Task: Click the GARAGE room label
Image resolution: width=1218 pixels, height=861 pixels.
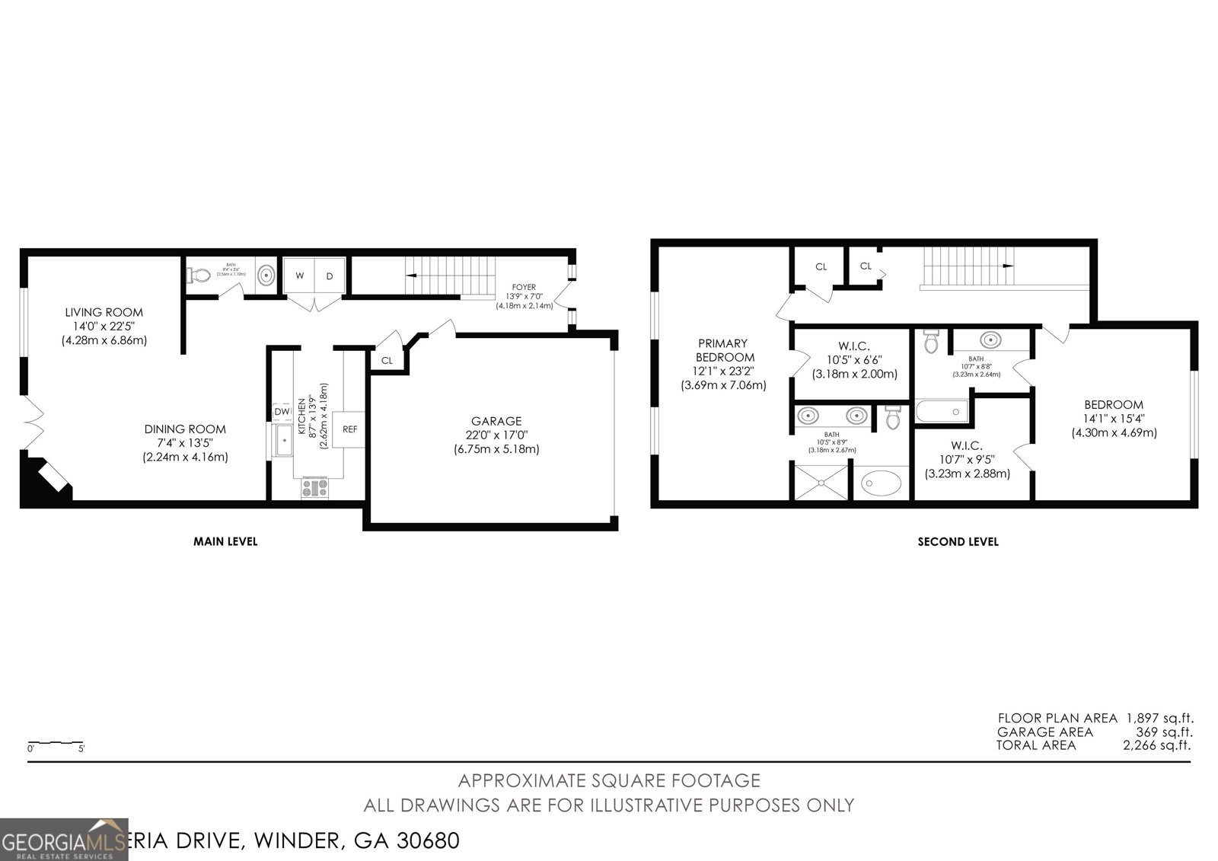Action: [x=496, y=421]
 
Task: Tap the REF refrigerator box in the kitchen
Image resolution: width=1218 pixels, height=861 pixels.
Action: [x=349, y=429]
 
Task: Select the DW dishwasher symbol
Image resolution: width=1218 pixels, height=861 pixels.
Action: [x=282, y=412]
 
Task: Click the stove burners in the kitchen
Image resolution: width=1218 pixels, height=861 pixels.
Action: [x=314, y=488]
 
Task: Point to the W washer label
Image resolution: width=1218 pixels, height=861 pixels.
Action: [x=300, y=276]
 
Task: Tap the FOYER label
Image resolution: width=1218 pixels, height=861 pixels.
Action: [x=524, y=287]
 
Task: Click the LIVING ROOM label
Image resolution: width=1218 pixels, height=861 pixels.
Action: [x=104, y=312]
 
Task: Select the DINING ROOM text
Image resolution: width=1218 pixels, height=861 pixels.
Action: [x=185, y=429]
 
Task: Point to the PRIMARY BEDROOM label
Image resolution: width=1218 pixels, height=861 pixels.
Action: [x=722, y=350]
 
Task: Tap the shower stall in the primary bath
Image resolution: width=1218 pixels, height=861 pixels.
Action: [x=821, y=483]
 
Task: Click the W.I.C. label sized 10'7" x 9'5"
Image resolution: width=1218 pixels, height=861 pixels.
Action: [x=967, y=446]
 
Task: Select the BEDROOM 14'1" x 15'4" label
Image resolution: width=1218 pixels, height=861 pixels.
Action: [x=1114, y=405]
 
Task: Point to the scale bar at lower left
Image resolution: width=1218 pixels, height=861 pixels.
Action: [x=56, y=742]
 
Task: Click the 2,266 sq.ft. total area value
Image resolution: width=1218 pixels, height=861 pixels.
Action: [x=1157, y=745]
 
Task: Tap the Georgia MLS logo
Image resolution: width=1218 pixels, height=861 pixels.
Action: [x=64, y=840]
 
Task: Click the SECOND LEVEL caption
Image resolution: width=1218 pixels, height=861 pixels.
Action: [x=958, y=542]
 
